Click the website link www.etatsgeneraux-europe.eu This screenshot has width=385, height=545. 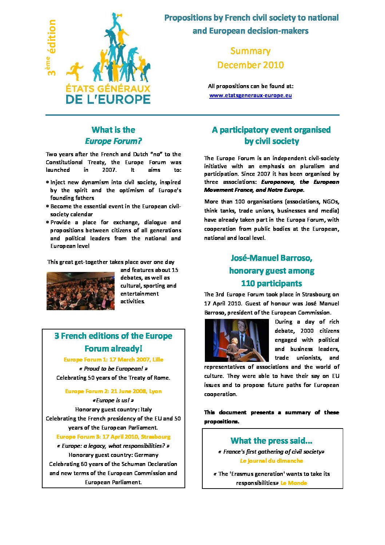point(250,95)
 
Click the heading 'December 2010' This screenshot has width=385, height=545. point(250,65)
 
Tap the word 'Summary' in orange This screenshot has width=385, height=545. point(250,51)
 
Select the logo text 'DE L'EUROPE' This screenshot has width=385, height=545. point(108,99)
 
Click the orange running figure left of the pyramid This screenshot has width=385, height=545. point(75,71)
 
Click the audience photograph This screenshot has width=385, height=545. point(80,291)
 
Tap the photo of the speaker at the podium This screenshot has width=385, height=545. point(237,340)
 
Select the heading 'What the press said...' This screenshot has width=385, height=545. point(271,441)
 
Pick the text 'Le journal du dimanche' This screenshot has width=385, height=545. point(271,461)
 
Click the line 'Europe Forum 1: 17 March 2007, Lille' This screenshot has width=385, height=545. point(114,360)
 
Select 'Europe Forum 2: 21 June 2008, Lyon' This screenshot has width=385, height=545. point(114,391)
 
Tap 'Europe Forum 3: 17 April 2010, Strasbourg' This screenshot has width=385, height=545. point(114,437)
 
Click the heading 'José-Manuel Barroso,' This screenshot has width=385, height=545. point(271,258)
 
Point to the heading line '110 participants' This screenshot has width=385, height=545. point(271,284)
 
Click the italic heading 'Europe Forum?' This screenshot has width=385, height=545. point(114,141)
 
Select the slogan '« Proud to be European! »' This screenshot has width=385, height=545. point(114,369)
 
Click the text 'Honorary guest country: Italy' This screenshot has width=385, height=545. point(114,410)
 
